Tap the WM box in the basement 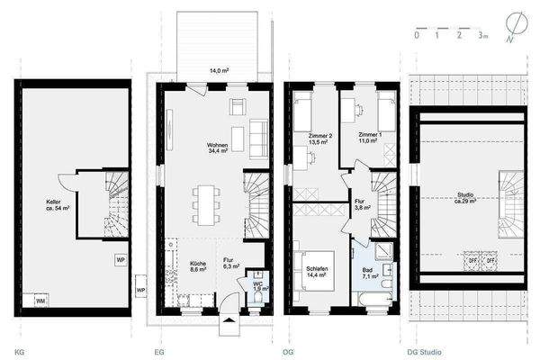tap(40, 299)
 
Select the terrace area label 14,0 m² tap(218, 70)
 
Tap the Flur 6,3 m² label tap(229, 263)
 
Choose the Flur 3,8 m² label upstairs tap(359, 204)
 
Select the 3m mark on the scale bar tap(482, 37)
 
